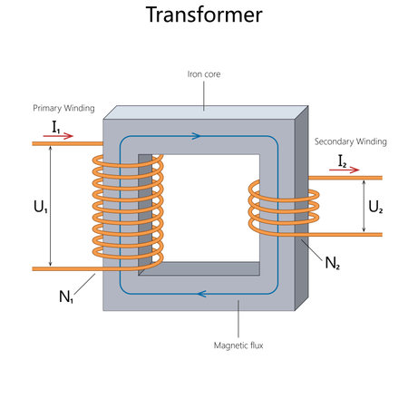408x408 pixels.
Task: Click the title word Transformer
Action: (204, 15)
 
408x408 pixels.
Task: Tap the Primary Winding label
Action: (63, 108)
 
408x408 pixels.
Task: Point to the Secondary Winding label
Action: (351, 141)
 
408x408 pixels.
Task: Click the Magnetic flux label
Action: (238, 345)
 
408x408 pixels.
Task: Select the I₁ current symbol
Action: (56, 130)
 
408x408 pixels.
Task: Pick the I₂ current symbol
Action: (343, 160)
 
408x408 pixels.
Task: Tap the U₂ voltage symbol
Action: (376, 206)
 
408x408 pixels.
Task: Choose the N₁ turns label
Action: (66, 295)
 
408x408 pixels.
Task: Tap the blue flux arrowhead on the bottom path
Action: (200, 293)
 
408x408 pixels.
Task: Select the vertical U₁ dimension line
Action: (51, 206)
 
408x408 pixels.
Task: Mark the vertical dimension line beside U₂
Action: (364, 206)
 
